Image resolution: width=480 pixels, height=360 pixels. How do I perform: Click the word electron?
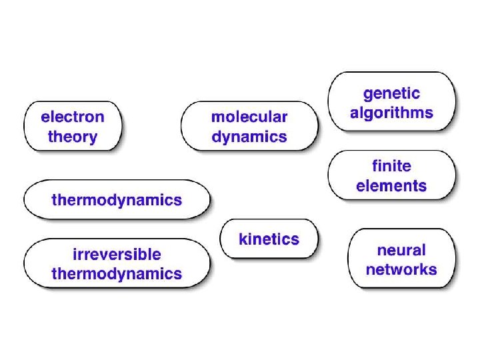[73, 117]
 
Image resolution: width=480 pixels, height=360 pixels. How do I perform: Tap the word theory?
[73, 138]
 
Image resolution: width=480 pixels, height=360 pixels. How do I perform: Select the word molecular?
[249, 117]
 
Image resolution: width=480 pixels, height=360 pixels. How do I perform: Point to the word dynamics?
[249, 138]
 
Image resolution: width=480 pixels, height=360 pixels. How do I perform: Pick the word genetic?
[391, 93]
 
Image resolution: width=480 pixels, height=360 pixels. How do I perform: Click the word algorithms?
[391, 113]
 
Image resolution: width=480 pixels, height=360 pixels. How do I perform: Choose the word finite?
[391, 165]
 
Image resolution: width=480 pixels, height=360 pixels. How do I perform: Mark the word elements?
[391, 186]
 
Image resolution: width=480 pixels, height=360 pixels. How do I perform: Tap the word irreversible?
[117, 254]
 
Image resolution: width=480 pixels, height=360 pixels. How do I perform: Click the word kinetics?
[269, 239]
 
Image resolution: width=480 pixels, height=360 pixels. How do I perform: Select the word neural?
[401, 251]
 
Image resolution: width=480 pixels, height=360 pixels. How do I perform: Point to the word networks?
[401, 270]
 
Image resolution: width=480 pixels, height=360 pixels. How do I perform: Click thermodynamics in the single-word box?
[117, 199]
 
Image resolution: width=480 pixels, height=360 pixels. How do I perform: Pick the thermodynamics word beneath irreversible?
[117, 273]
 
